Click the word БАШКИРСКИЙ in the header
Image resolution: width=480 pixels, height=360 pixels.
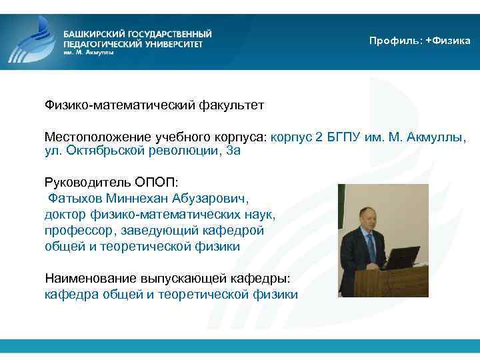click(94, 33)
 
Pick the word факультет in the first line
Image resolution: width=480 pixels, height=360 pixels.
click(231, 105)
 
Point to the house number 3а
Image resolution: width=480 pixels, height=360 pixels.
click(233, 151)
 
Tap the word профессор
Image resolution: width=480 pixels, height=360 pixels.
click(77, 230)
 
